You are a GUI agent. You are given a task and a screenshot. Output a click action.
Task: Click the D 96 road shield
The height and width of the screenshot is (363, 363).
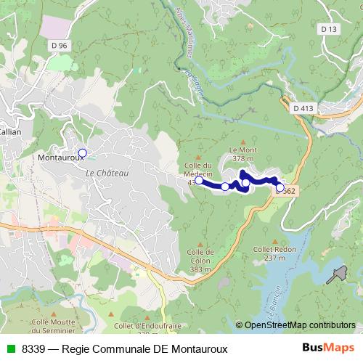(61, 45)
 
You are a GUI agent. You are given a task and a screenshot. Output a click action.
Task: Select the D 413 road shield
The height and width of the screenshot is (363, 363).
(304, 107)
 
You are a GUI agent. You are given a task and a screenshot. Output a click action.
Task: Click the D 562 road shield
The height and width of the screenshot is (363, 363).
(285, 190)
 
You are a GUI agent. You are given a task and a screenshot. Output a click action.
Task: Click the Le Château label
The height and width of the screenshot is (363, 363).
(107, 174)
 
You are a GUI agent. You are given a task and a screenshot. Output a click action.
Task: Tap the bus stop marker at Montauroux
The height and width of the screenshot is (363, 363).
(83, 152)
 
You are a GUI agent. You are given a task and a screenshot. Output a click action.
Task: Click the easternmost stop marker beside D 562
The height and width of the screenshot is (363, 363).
(280, 187)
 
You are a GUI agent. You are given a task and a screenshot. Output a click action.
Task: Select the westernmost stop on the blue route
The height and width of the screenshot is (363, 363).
(199, 180)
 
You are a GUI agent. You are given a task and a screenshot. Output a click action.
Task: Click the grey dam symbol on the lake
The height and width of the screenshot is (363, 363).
(336, 275)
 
